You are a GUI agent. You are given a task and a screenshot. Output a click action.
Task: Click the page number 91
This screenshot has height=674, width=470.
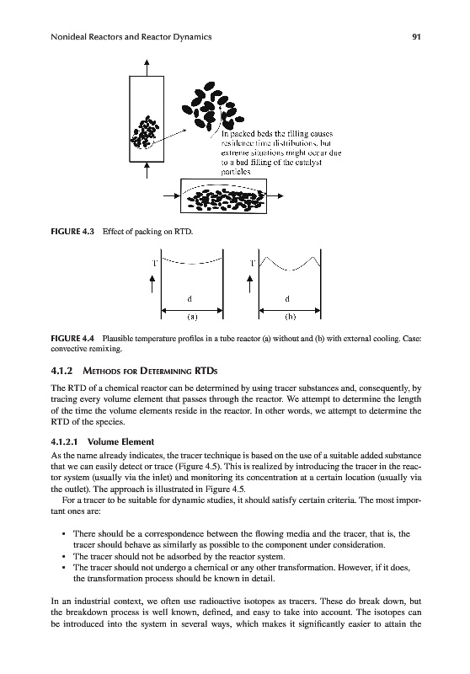(416, 37)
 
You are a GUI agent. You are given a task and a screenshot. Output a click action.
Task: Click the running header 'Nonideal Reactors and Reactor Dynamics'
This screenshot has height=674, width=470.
(131, 37)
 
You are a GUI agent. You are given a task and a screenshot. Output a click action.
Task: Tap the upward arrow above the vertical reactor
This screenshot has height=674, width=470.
(147, 67)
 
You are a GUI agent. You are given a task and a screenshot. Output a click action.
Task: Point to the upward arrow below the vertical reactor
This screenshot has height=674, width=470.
(147, 170)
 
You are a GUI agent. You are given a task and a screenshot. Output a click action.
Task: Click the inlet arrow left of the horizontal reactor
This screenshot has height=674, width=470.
(173, 196)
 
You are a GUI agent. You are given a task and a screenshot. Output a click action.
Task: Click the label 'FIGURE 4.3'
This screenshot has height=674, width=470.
(72, 232)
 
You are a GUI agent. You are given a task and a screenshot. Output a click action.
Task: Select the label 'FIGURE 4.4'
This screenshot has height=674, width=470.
(72, 339)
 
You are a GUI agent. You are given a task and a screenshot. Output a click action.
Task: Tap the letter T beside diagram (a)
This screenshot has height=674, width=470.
(154, 263)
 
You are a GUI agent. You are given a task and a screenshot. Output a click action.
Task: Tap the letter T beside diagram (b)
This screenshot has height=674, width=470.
(253, 263)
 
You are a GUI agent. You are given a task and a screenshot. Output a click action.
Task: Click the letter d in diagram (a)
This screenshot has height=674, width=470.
(190, 299)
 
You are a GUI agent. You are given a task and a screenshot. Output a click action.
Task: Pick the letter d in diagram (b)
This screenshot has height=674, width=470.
(287, 299)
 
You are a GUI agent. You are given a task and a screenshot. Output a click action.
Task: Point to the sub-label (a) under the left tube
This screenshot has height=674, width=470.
(192, 317)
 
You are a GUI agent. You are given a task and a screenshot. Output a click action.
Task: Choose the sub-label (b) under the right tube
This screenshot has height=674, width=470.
(291, 317)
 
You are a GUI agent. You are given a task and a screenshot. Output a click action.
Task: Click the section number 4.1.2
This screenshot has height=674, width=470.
(61, 371)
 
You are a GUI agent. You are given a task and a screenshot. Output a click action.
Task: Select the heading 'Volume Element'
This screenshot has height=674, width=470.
(120, 441)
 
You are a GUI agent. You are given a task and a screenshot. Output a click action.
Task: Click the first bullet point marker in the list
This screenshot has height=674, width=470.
(63, 534)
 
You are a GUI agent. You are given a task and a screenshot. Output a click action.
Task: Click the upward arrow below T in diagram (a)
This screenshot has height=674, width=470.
(152, 284)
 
